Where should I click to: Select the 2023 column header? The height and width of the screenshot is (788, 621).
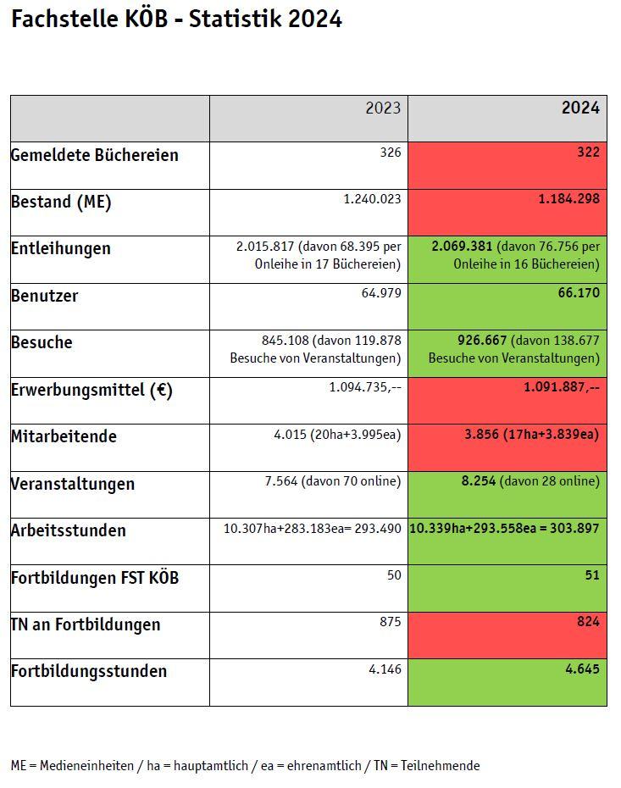383,108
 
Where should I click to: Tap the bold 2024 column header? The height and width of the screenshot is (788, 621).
580,108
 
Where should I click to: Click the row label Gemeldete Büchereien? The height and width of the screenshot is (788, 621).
94,155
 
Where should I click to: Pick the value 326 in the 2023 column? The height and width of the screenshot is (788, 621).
390,153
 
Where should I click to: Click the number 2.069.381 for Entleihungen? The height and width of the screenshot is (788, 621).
462,247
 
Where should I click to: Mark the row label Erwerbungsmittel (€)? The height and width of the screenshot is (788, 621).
91,390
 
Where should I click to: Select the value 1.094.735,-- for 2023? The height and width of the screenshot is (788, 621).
365,387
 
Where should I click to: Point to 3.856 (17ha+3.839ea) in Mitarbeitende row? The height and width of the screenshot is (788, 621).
531,435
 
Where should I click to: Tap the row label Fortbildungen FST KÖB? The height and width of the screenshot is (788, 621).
95,578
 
